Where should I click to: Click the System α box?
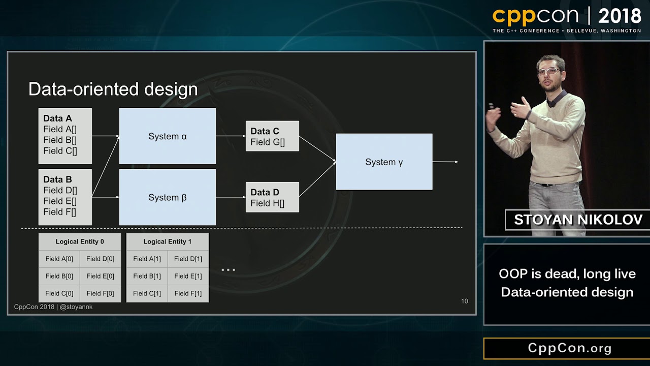coord(168,136)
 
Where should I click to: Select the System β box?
coord(168,197)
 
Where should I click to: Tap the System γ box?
coord(384,162)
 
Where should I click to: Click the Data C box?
coord(272,136)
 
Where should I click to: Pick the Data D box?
coord(272,197)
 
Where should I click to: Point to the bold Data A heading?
coord(57,118)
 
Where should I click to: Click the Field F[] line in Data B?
coord(59,212)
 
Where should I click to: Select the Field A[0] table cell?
coord(59,259)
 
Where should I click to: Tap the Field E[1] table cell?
coord(188,276)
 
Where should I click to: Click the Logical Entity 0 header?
coord(80,241)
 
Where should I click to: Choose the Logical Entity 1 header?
coord(167,241)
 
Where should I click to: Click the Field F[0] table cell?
coord(100,293)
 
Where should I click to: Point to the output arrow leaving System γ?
coord(445,162)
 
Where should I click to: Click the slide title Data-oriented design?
coord(113,89)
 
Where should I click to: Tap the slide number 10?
coord(464,301)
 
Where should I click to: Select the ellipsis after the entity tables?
coord(228,270)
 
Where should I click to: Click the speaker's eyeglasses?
coord(549,72)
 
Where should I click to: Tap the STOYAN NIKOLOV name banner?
coord(578,220)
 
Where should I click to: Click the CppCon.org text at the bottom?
coord(570,348)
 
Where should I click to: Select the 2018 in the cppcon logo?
coord(620,17)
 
